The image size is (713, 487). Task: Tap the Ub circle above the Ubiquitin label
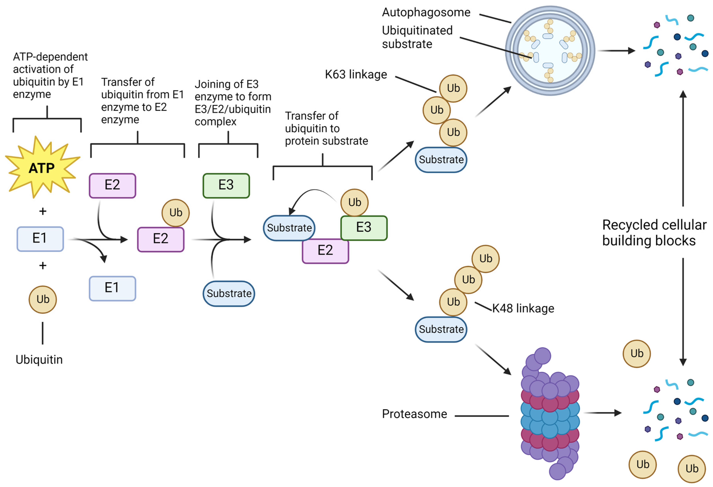43,299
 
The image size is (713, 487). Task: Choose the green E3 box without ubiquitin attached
226,185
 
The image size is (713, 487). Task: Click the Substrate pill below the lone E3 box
229,294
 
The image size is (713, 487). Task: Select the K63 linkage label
356,75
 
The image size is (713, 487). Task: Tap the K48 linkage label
523,308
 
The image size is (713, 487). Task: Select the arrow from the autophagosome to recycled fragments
617,51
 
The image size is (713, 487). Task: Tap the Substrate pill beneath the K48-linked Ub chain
441,329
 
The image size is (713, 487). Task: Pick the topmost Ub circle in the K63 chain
453,88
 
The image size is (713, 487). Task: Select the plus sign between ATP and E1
43,211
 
